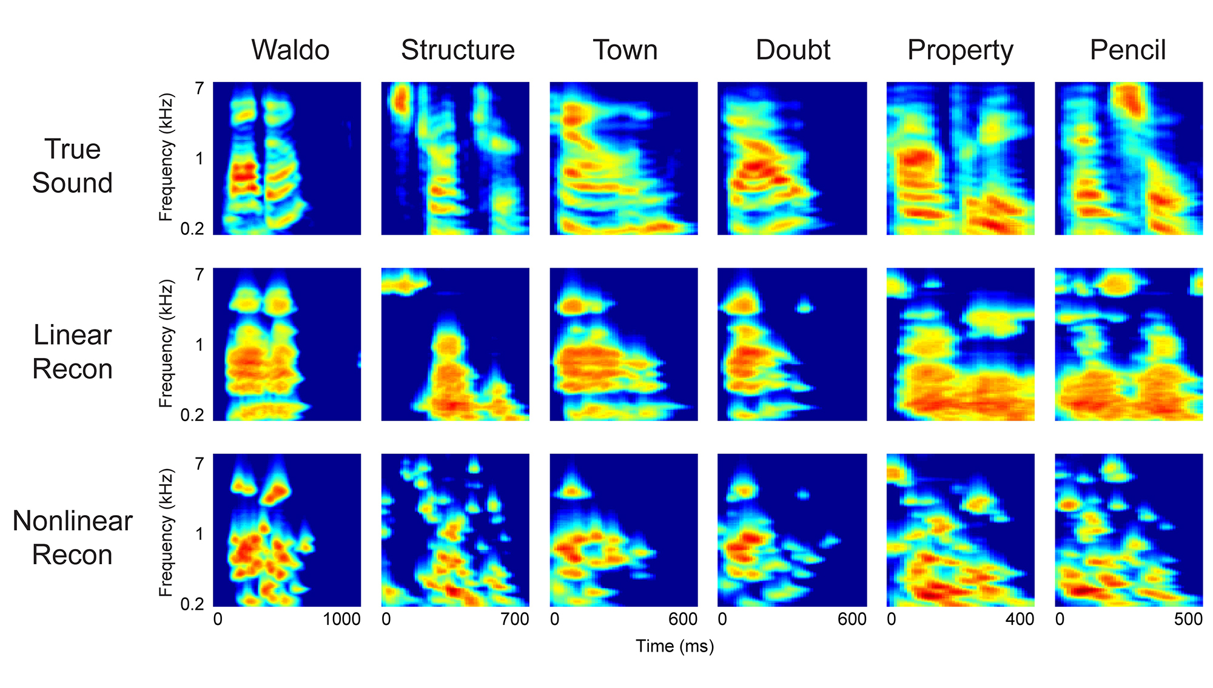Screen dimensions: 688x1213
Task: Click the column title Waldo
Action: tap(291, 50)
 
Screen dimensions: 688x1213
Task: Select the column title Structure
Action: tap(458, 50)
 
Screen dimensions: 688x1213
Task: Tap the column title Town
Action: tap(625, 50)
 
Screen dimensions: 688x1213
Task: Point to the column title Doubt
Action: tap(793, 50)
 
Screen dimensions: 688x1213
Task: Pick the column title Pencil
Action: tap(1127, 50)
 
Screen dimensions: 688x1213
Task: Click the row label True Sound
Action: tap(72, 166)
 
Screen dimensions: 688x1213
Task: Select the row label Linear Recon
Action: tap(72, 352)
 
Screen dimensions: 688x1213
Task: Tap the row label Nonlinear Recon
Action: tap(72, 538)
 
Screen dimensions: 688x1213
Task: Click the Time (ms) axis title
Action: tap(674, 646)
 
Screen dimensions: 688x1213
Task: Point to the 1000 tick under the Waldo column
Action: tap(342, 619)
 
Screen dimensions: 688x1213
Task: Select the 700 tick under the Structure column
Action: tap(515, 619)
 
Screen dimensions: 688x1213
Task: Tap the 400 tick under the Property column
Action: tap(1020, 619)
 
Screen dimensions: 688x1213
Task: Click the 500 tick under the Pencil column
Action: tap(1188, 619)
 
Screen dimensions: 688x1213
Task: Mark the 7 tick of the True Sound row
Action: tap(199, 89)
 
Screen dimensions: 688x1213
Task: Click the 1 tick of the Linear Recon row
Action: tap(199, 345)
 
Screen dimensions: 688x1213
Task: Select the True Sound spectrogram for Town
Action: tap(623, 158)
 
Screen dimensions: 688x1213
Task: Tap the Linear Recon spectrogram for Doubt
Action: tap(792, 344)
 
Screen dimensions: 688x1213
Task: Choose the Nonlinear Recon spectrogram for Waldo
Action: tap(287, 530)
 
